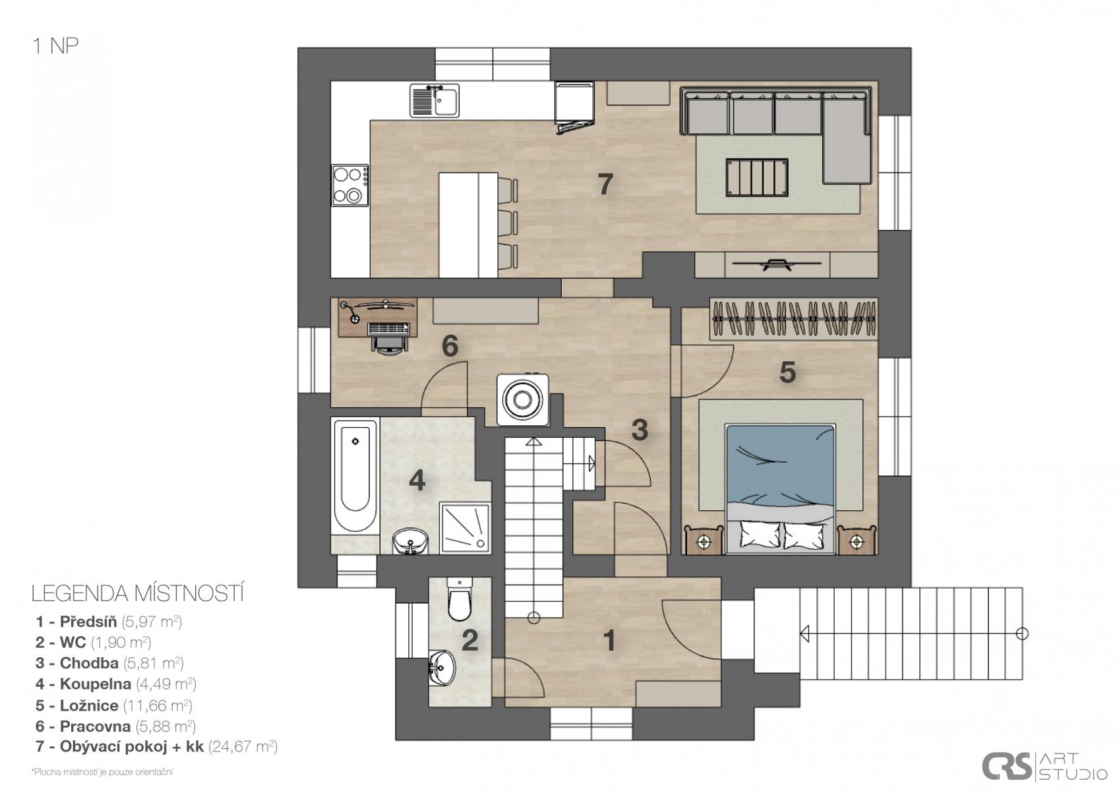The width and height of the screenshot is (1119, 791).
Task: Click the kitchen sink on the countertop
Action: click(x=435, y=100)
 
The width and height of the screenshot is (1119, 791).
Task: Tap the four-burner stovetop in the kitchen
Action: click(x=351, y=185)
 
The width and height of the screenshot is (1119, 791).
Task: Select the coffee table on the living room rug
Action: click(x=757, y=178)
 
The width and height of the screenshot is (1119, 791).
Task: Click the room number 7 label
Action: click(x=605, y=185)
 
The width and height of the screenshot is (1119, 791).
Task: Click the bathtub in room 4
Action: click(x=355, y=477)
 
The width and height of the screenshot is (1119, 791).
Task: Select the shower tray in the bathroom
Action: click(x=465, y=528)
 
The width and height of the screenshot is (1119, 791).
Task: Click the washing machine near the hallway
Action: click(x=523, y=400)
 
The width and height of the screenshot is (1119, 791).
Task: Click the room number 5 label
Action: click(x=787, y=372)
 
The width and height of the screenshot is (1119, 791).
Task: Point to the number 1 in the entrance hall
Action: click(x=609, y=640)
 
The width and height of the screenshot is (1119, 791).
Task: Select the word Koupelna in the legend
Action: click(x=96, y=684)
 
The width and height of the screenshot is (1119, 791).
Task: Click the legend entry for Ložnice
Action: click(x=114, y=705)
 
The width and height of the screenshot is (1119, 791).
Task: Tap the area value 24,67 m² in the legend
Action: click(x=243, y=747)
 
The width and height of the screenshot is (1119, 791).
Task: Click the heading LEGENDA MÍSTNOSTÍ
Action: click(x=138, y=594)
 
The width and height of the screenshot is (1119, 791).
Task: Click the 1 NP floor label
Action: click(x=55, y=46)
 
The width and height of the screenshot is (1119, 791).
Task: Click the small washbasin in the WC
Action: click(x=442, y=668)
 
